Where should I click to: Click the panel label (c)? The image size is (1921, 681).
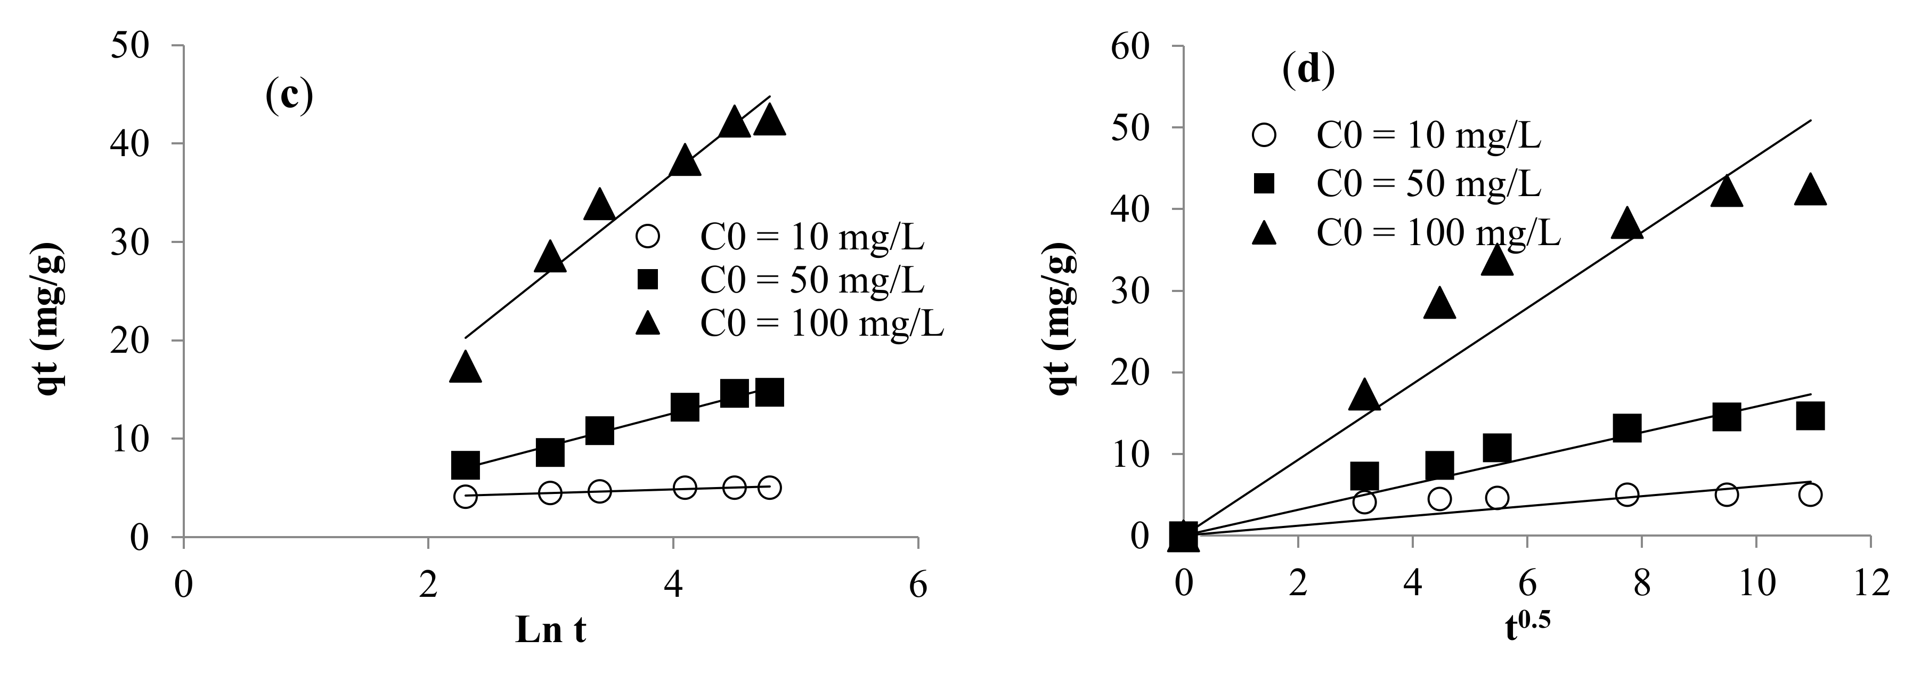click(289, 97)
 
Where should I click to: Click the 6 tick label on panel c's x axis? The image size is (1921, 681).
click(918, 586)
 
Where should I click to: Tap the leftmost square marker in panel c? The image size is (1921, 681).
click(466, 465)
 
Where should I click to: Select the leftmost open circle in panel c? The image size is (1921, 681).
click(466, 497)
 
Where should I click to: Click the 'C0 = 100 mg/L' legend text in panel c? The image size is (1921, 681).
click(822, 324)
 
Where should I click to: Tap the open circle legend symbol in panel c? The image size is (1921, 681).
click(648, 237)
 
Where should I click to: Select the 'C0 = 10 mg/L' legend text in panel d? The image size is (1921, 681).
click(1428, 136)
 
